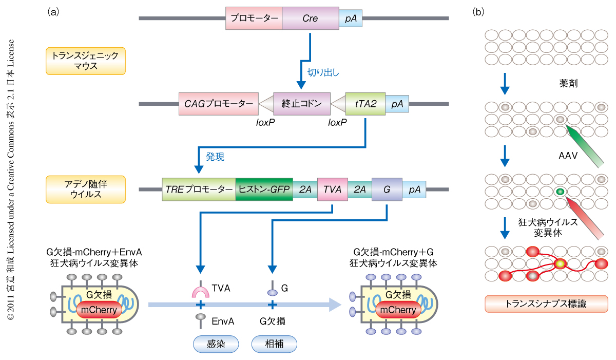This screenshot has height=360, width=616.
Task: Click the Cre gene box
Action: pyautogui.click(x=310, y=18)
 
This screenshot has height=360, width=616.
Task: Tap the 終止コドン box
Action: pyautogui.click(x=301, y=104)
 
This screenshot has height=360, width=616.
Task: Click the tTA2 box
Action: pyautogui.click(x=365, y=104)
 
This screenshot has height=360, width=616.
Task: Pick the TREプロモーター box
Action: pyautogui.click(x=199, y=189)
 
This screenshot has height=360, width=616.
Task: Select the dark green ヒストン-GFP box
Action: pyautogui.click(x=264, y=189)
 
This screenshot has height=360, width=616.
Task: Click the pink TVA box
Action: pyautogui.click(x=332, y=189)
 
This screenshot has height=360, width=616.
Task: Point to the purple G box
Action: pyautogui.click(x=387, y=189)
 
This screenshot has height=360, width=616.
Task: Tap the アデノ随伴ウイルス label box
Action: pyautogui.click(x=86, y=189)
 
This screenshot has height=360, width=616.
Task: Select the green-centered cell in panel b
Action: pyautogui.click(x=560, y=192)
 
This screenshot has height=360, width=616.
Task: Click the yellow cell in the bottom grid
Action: pyautogui.click(x=560, y=264)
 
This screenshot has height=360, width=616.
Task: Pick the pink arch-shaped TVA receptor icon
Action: pyautogui.click(x=200, y=292)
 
